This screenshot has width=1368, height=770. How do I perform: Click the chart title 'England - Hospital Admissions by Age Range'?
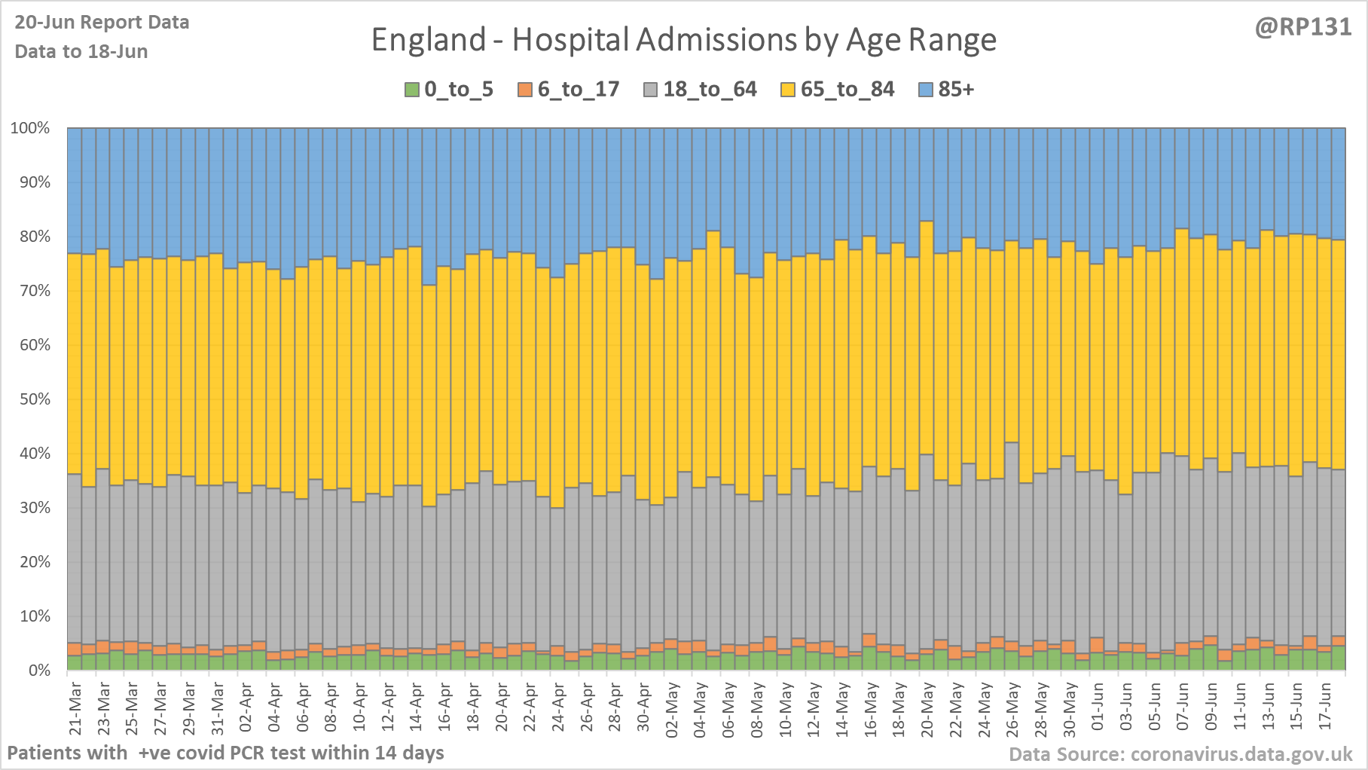(x=683, y=40)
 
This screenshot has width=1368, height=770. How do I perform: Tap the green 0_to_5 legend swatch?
(x=411, y=90)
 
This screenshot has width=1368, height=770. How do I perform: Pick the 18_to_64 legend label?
(x=710, y=90)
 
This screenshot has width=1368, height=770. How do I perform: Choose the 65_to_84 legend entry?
(x=847, y=90)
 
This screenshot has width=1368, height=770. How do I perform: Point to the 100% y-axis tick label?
(x=30, y=128)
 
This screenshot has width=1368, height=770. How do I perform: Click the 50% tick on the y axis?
(x=34, y=399)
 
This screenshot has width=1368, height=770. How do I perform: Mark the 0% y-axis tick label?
(x=38, y=671)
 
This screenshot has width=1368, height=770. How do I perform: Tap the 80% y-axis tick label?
(x=34, y=237)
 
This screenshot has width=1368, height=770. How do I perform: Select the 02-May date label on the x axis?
(x=672, y=708)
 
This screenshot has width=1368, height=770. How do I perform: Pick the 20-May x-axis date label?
(x=928, y=708)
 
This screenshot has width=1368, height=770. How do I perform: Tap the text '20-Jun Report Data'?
(x=102, y=23)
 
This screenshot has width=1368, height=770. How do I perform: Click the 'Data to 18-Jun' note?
(x=81, y=52)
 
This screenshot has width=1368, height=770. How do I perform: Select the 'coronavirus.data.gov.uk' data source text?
(x=1241, y=754)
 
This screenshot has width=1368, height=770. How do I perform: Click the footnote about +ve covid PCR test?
(x=225, y=753)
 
